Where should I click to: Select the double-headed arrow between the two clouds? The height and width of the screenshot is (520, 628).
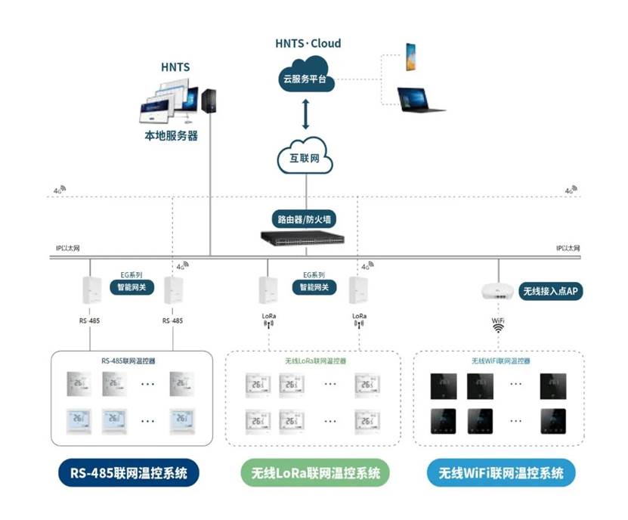tap(306, 115)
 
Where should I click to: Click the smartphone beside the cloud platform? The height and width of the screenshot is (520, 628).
tap(410, 58)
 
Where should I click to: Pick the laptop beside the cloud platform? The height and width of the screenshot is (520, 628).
tap(419, 100)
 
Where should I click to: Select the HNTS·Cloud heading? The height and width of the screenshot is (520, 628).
tap(308, 43)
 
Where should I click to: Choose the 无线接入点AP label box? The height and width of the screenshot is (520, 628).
tap(552, 291)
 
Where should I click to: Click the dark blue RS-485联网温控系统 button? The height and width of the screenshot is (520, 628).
tap(129, 473)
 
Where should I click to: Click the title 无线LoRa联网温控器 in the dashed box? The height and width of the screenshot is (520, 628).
tap(315, 361)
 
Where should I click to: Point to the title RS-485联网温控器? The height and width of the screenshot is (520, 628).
tap(128, 361)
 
